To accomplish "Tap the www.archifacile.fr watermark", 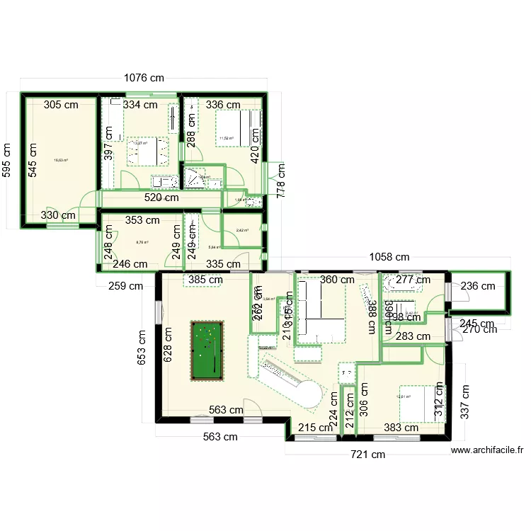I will (486, 450).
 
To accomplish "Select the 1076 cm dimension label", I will (145, 79).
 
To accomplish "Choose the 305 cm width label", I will (61, 105).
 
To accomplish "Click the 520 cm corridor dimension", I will (161, 199).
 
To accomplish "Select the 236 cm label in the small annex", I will (479, 286).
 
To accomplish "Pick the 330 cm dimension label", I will (59, 215).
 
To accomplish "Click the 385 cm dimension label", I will (205, 280).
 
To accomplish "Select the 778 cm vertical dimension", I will (281, 181).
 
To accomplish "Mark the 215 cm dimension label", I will (314, 428).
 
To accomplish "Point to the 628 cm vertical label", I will (168, 344).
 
